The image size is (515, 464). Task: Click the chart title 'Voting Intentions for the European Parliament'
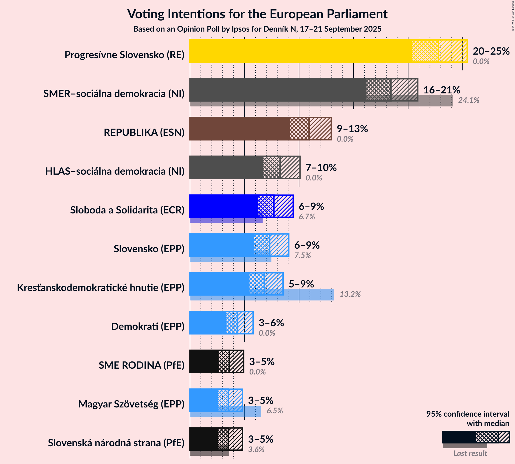coord(257,14)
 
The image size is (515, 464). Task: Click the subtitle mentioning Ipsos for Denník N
coord(257,29)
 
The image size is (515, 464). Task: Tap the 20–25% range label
coord(491,51)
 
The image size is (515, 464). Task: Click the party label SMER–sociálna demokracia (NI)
coord(114,94)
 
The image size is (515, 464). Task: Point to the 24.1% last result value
coord(469,100)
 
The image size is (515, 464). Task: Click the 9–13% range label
coord(352,129)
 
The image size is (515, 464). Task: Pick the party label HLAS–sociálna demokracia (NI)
coord(115,171)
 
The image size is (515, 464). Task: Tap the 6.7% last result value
coord(307,217)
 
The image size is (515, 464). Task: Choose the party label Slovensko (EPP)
coord(149,249)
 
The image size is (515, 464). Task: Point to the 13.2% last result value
coord(350,294)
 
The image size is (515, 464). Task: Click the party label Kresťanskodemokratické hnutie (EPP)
coord(101,288)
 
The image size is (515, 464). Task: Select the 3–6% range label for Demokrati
coord(271,323)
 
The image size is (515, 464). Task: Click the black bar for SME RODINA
coord(204,361)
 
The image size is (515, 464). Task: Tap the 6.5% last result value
coord(275,411)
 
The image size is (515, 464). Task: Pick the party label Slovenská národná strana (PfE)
coord(116,443)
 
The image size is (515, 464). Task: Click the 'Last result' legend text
coord(470,453)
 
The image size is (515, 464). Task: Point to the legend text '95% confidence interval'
coord(468,414)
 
